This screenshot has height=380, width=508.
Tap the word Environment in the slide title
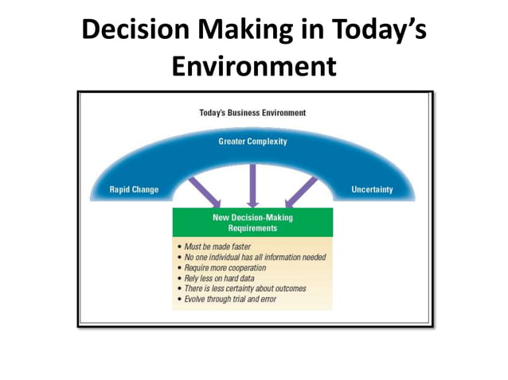(254, 66)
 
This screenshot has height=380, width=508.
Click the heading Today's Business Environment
(252, 113)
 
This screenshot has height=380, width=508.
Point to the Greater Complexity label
(252, 142)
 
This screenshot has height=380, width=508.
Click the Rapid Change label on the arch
(134, 189)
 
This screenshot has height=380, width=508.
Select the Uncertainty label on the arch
(372, 189)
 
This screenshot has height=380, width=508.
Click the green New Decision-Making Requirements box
(252, 222)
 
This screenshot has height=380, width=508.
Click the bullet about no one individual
(255, 257)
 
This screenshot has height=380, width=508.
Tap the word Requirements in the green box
(252, 227)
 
